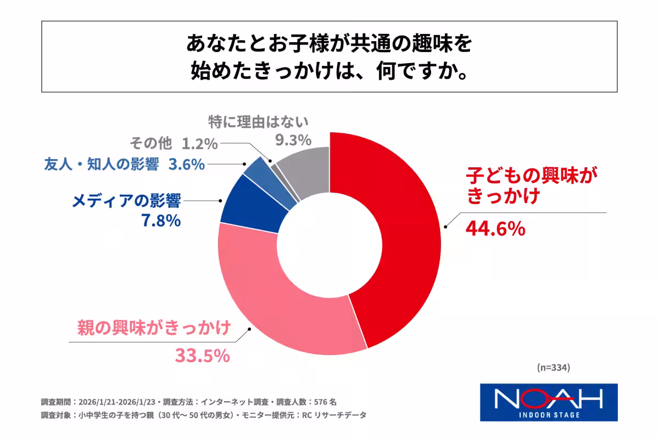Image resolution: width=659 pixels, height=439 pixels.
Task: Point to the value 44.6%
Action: coord(495,228)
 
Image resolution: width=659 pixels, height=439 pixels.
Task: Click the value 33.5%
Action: coord(202,355)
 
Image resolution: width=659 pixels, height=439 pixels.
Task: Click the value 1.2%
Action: coord(199,144)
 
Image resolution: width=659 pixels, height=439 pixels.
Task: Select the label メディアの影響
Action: coord(126,201)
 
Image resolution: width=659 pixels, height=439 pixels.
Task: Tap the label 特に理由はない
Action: coord(259,121)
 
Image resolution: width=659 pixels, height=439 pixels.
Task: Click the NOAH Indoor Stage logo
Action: coord(549,402)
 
